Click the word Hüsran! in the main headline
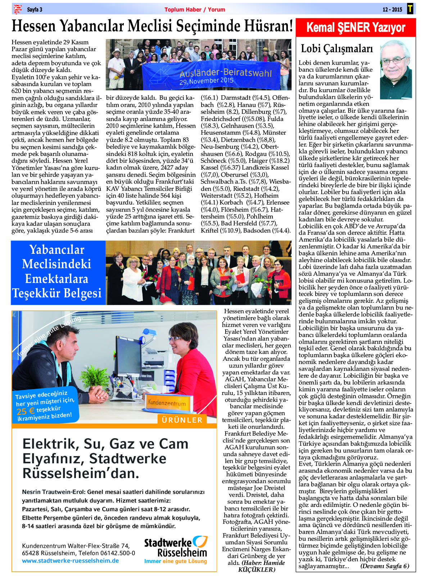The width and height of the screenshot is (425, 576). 268,26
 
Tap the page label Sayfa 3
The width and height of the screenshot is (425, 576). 35,10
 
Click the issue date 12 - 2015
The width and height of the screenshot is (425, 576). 392,10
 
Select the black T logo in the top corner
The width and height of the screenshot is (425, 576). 410,9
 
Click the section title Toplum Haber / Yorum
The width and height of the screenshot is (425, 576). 195,10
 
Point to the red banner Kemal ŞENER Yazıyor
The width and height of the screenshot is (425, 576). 356,27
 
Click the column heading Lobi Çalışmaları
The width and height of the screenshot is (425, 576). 337,49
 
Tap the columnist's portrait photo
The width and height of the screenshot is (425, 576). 396,69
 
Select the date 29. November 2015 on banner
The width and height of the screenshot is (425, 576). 207,81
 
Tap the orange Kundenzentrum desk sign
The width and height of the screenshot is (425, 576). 167,403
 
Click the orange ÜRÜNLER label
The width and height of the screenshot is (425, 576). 182,420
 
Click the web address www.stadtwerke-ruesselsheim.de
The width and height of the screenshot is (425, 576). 71,561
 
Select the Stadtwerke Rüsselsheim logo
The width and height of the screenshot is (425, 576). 176,546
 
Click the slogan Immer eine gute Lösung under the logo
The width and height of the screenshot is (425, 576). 176,561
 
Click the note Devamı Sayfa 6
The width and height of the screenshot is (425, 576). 384,566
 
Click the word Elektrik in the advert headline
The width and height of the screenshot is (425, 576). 50,444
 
